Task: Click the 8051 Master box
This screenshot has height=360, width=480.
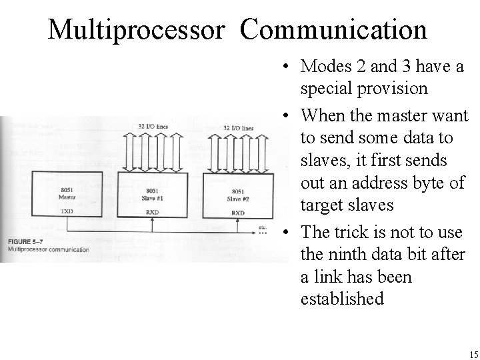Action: click(67, 193)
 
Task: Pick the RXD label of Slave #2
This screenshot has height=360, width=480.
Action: click(238, 213)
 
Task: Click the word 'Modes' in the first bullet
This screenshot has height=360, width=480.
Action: click(321, 67)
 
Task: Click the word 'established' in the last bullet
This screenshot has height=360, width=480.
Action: click(342, 299)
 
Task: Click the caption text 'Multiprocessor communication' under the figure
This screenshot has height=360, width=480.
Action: click(49, 249)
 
